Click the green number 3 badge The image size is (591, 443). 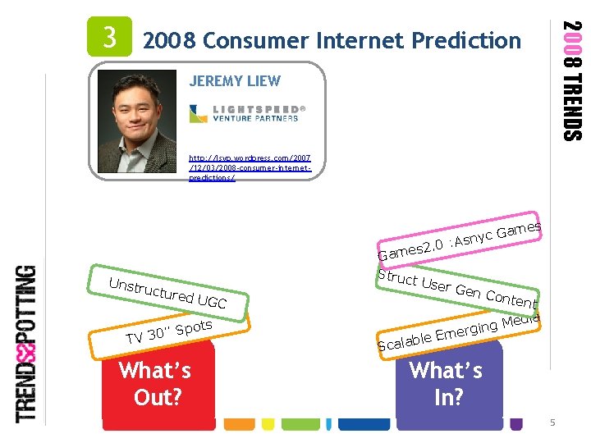[110, 38]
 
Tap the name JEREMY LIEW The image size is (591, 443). [234, 80]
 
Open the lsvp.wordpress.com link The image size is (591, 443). [250, 167]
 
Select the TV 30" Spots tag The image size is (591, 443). [167, 331]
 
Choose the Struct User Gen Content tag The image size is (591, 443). [456, 288]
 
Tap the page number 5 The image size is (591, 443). [553, 422]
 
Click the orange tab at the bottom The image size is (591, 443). [240, 424]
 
